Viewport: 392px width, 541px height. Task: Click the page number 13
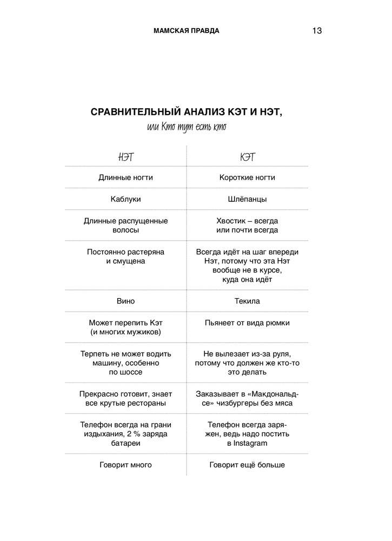317,31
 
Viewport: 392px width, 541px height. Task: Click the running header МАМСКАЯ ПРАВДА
186,31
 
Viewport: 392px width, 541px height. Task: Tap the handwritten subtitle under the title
186,127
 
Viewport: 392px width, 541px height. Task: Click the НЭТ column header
125,157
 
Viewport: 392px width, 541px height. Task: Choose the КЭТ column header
247,157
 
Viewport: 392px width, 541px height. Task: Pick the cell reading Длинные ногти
125,177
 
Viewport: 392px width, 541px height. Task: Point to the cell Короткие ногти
247,177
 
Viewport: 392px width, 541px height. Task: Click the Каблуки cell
125,199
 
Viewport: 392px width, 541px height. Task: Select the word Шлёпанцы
247,199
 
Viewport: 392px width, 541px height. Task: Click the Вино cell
125,301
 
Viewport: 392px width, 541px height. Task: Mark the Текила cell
247,301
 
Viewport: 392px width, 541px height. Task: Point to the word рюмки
278,323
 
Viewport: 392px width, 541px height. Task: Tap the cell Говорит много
125,465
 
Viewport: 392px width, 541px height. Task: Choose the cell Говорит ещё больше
247,465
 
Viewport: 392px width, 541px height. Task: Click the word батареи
125,443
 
